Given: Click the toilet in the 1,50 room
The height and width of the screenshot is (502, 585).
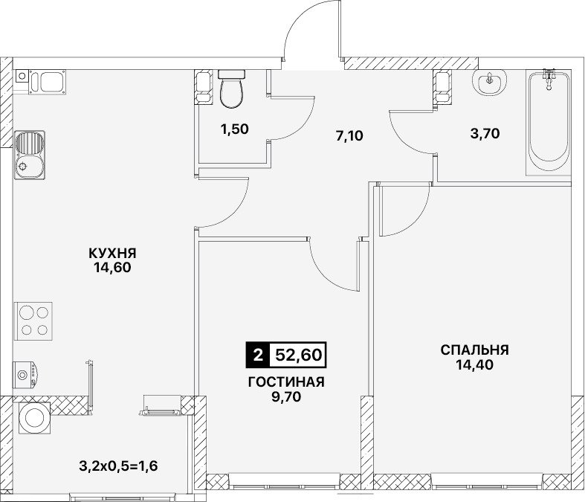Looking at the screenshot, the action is pyautogui.click(x=232, y=89).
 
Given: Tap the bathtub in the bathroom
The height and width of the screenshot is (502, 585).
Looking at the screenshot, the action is pyautogui.click(x=548, y=123).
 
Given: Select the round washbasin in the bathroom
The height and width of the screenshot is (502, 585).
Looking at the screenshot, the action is pyautogui.click(x=489, y=83).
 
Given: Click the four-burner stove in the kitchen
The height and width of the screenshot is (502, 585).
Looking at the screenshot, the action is pyautogui.click(x=33, y=321).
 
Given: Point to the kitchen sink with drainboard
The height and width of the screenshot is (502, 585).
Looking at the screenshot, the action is pyautogui.click(x=30, y=155).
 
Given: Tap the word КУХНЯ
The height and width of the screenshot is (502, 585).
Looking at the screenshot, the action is pyautogui.click(x=113, y=253).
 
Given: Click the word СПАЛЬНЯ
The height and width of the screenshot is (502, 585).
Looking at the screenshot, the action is pyautogui.click(x=474, y=350).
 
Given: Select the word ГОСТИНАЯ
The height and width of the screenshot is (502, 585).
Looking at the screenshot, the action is pyautogui.click(x=286, y=382).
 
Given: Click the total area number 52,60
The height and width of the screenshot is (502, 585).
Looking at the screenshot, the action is pyautogui.click(x=298, y=355).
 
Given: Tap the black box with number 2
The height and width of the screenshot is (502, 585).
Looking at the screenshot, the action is pyautogui.click(x=257, y=355).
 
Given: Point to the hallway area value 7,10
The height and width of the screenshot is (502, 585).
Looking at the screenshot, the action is pyautogui.click(x=349, y=135).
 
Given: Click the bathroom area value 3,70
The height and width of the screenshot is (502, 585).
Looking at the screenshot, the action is pyautogui.click(x=485, y=133).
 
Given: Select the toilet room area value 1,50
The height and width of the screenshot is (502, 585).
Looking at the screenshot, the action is pyautogui.click(x=234, y=129).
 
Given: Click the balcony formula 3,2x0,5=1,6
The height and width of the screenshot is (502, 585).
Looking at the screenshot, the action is pyautogui.click(x=118, y=466).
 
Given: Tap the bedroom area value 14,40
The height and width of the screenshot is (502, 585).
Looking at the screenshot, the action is pyautogui.click(x=474, y=364).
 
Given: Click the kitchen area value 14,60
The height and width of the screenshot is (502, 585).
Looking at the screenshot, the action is pyautogui.click(x=113, y=268).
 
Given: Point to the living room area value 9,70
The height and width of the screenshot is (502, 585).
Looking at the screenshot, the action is pyautogui.click(x=286, y=396).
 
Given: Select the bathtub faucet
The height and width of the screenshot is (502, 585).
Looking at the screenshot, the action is pyautogui.click(x=549, y=79).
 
